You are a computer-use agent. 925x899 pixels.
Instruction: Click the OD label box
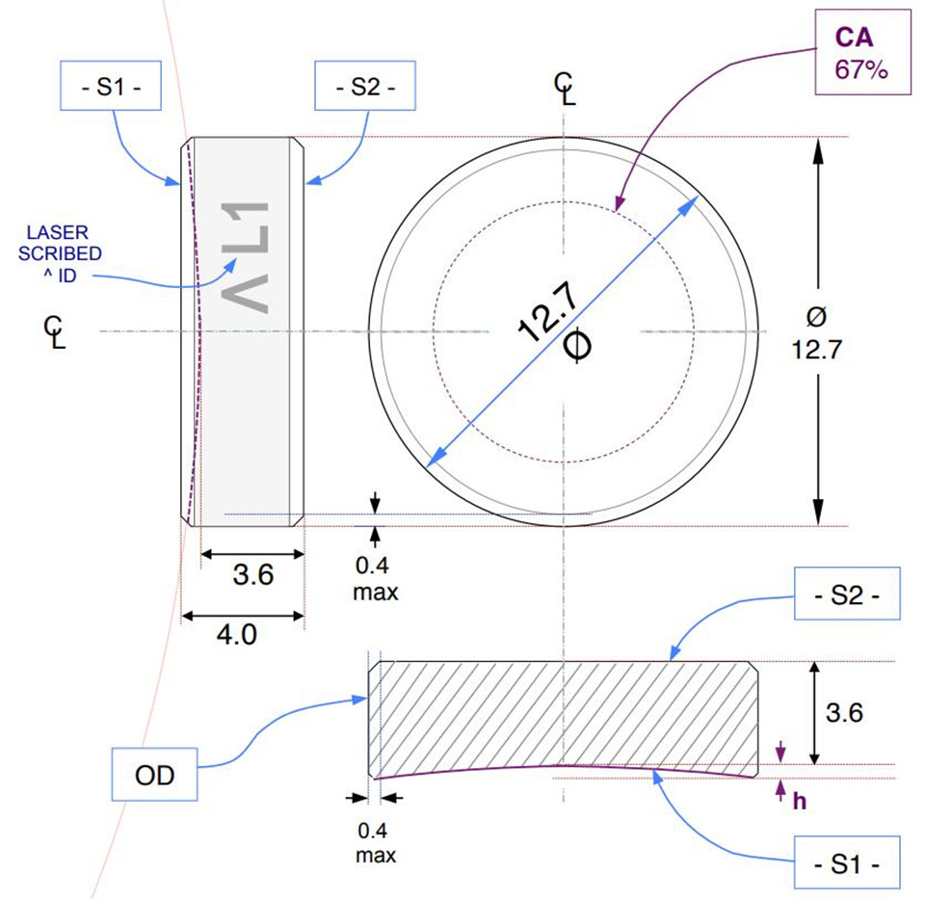(x=155, y=774)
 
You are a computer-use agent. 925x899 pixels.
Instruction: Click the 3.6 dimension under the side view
(x=253, y=575)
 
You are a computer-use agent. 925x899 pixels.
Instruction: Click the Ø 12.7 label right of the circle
(x=817, y=332)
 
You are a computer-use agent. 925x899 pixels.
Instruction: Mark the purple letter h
(x=799, y=799)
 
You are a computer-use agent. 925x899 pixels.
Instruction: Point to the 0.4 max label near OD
(x=375, y=841)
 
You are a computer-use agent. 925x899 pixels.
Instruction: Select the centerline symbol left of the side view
(x=55, y=333)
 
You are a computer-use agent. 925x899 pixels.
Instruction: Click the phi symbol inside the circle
(x=575, y=346)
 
